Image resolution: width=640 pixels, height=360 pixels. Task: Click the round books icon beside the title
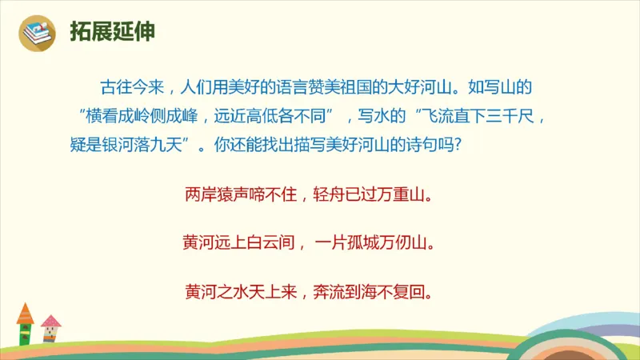click(x=37, y=33)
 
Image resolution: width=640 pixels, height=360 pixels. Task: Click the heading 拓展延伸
click(x=112, y=32)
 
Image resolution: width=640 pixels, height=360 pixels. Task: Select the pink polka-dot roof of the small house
click(x=51, y=321)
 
